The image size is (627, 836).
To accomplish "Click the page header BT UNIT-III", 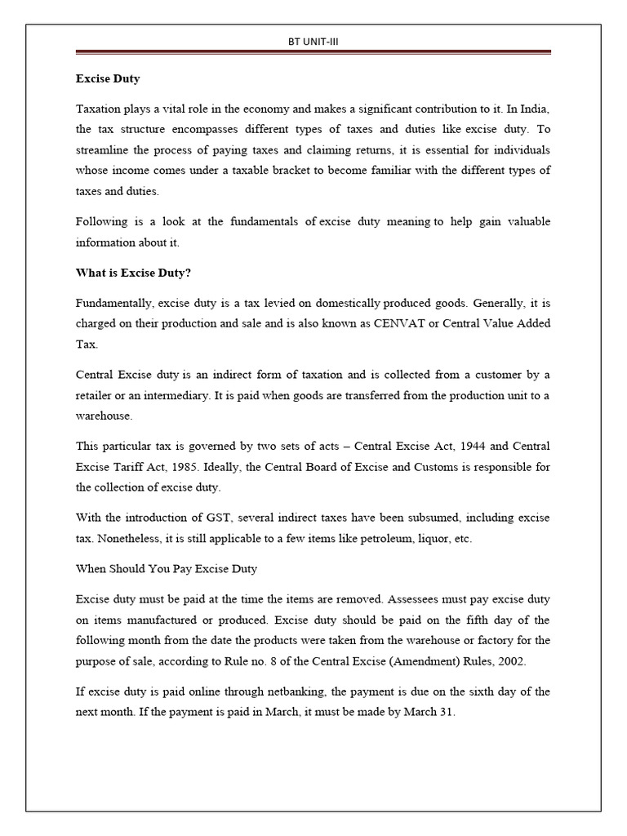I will (313, 41).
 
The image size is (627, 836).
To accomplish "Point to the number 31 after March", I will (445, 712).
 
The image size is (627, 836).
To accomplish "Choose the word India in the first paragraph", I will (532, 109).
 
